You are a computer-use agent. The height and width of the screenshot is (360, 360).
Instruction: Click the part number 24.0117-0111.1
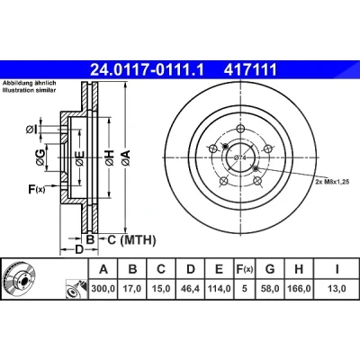pyautogui.click(x=147, y=70)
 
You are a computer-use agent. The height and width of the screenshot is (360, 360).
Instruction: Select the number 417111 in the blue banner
pyautogui.click(x=249, y=70)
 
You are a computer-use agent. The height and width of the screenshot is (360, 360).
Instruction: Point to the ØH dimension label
pyautogui.click(x=110, y=157)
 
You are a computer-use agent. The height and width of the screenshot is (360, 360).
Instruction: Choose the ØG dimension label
pyautogui.click(x=40, y=157)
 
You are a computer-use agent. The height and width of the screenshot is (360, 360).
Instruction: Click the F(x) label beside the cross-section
pyautogui.click(x=36, y=189)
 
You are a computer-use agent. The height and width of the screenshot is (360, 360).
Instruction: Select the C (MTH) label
pyautogui.click(x=131, y=240)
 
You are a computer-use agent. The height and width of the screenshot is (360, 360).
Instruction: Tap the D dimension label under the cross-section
pyautogui.click(x=78, y=249)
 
